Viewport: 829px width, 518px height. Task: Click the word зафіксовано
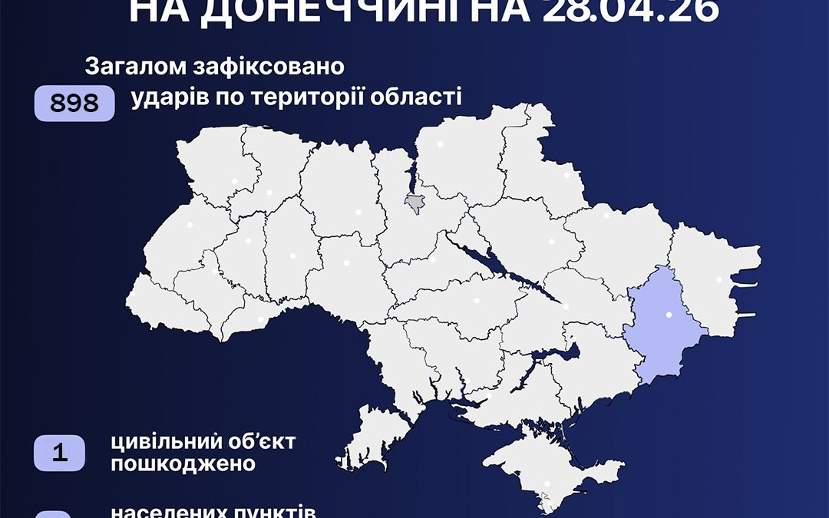click(269, 67)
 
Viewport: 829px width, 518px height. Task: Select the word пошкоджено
click(173, 464)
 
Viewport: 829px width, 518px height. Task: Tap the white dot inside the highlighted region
click(667, 314)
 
